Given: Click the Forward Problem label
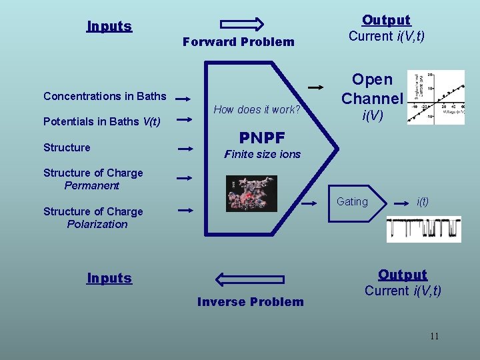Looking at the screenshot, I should click(x=238, y=42).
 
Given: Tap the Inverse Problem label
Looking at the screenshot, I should click(x=250, y=302).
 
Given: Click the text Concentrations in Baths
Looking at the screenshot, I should click(x=105, y=96).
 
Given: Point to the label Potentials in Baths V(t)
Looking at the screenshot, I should click(x=101, y=122).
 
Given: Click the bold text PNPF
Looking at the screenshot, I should click(x=262, y=138).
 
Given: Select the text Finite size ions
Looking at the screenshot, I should click(x=262, y=154).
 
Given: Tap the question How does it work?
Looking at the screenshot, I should click(x=257, y=109).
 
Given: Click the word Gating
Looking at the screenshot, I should click(x=352, y=201).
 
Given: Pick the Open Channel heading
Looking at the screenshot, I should click(x=372, y=89).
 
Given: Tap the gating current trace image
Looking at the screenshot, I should click(x=423, y=228).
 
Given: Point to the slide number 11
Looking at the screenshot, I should click(x=434, y=336).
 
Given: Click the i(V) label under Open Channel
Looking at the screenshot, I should click(x=371, y=115).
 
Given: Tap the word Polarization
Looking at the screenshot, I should click(x=97, y=224).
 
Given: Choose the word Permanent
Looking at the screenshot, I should click(x=91, y=185).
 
